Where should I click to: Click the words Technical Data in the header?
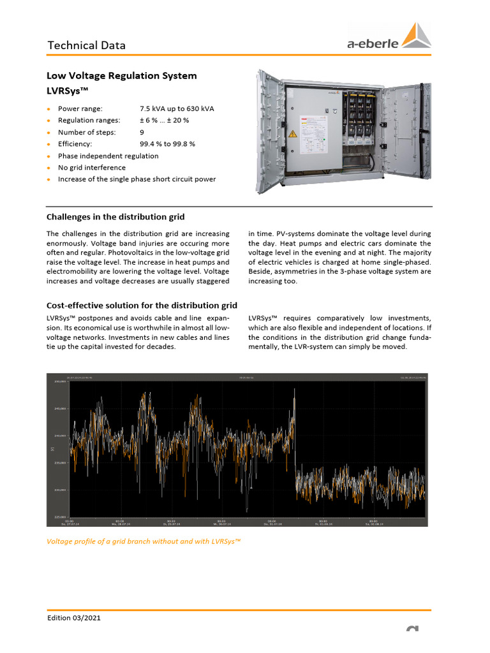(87, 45)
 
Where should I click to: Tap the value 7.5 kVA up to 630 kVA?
(177, 109)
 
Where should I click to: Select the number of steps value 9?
(142, 133)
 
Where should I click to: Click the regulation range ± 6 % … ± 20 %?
(164, 121)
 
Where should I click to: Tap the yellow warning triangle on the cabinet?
(293, 134)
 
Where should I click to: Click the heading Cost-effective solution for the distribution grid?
(142, 306)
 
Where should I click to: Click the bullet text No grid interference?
(92, 168)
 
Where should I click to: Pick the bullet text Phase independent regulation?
(108, 156)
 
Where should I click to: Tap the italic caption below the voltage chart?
(144, 541)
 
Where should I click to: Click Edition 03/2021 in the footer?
(74, 618)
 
